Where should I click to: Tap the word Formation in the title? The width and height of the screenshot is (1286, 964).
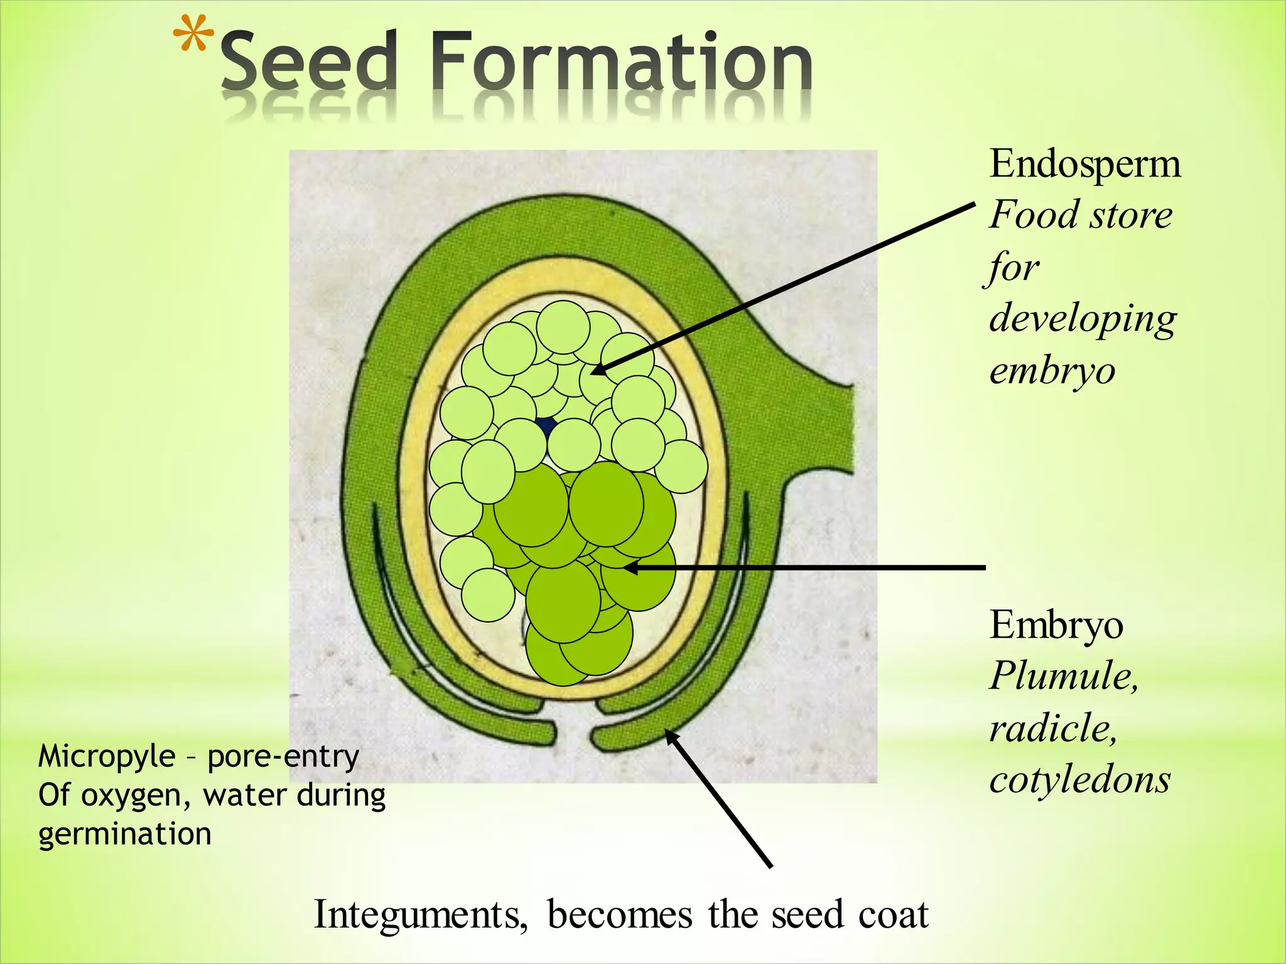pyautogui.click(x=622, y=63)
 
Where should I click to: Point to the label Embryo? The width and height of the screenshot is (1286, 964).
pyautogui.click(x=1056, y=625)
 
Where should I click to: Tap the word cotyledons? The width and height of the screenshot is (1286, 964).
pyautogui.click(x=1079, y=780)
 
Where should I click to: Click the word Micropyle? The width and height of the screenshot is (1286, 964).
pyautogui.click(x=107, y=757)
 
